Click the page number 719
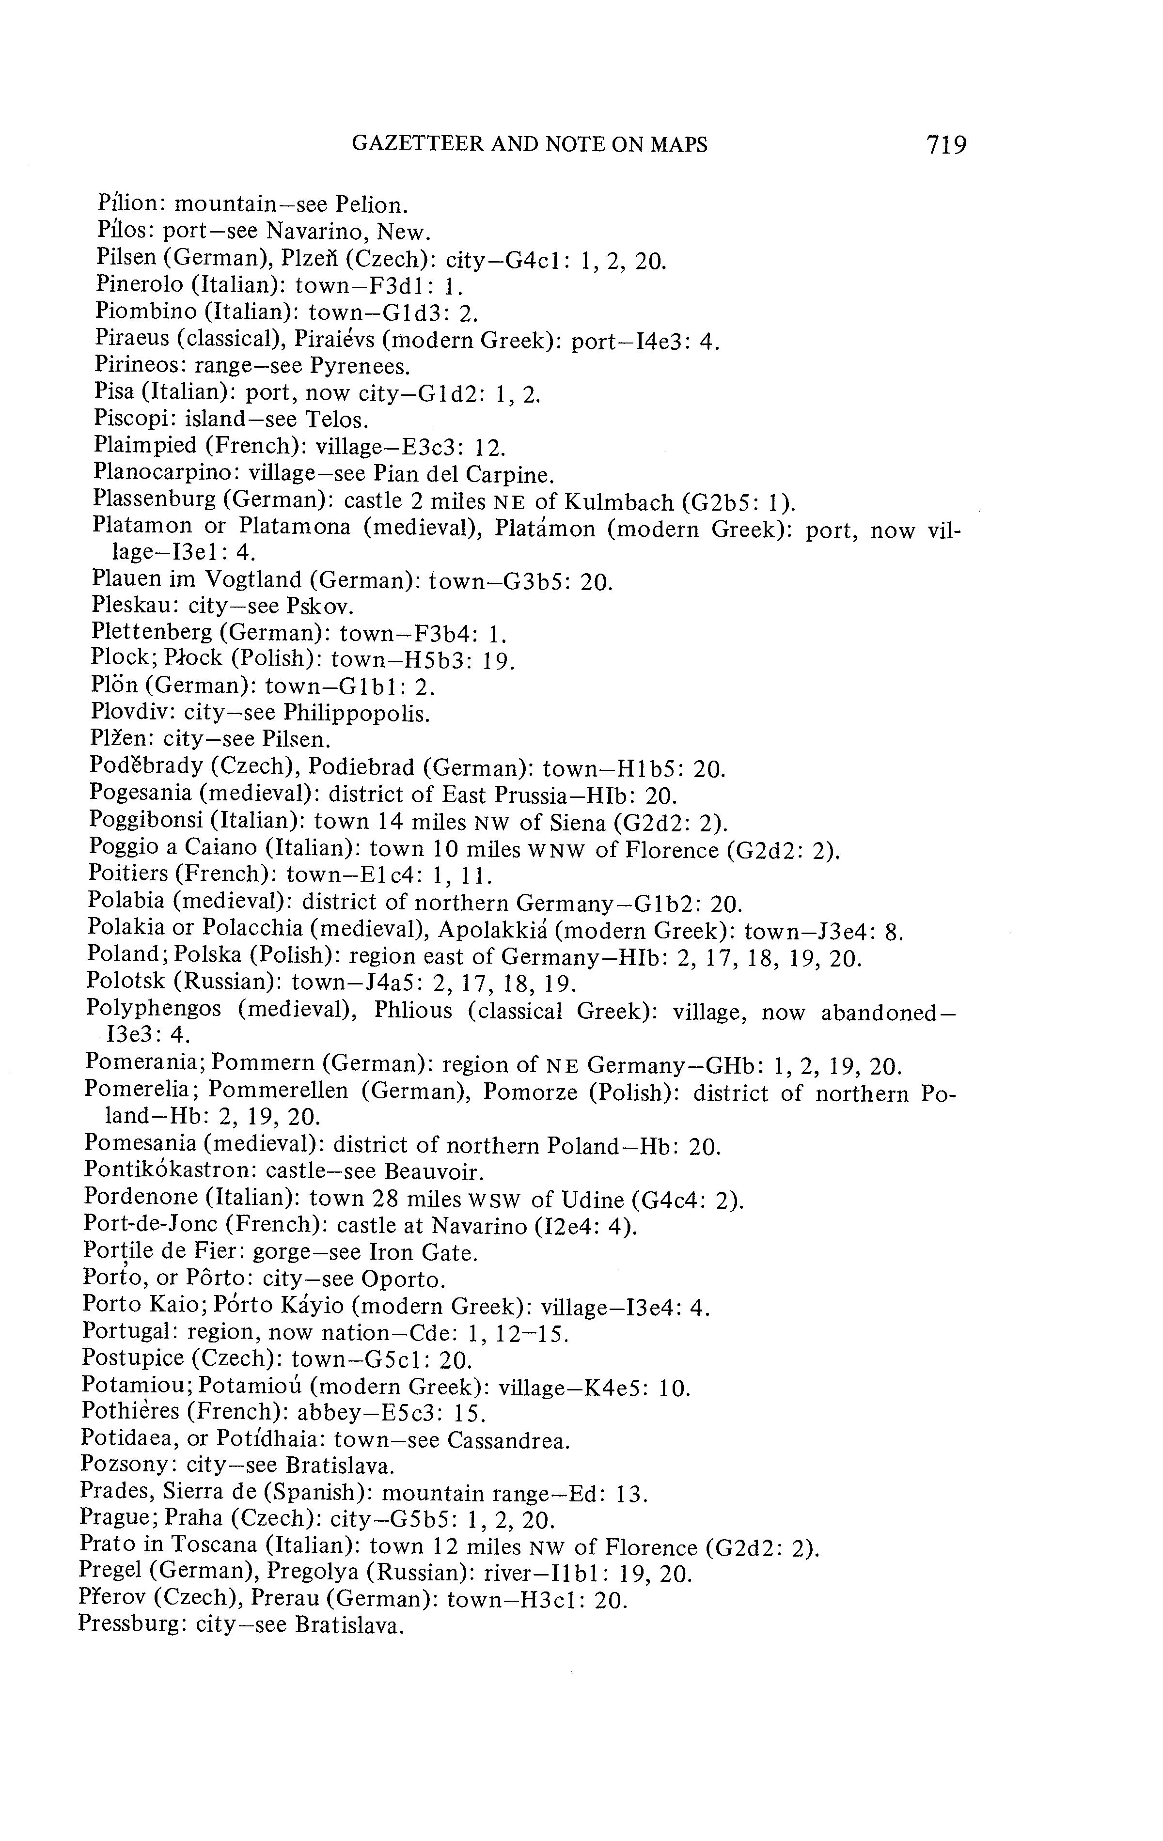pos(946,144)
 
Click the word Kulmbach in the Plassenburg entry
pos(620,502)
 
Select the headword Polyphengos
pos(153,1010)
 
